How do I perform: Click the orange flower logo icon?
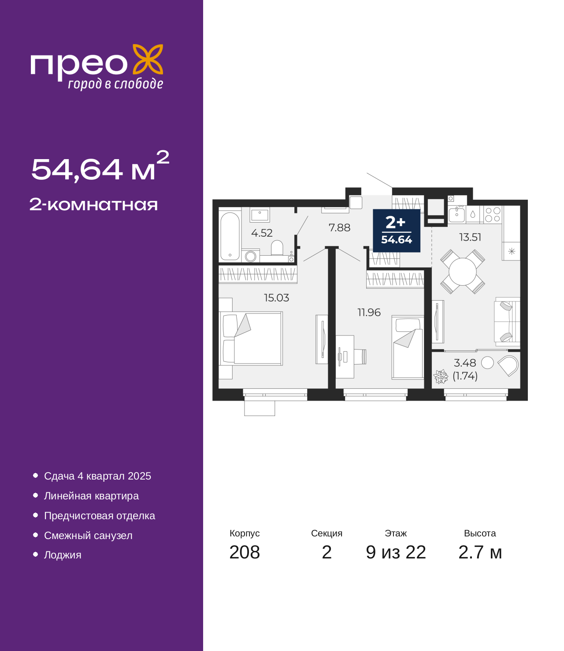point(148,59)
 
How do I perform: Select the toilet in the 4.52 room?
point(277,248)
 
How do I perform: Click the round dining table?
point(463,272)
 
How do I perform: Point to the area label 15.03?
point(276,298)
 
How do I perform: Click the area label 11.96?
point(369,312)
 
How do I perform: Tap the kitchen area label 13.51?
point(470,237)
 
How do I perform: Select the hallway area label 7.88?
point(339,228)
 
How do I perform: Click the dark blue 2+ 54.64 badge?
point(397,231)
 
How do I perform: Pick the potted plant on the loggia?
point(441,376)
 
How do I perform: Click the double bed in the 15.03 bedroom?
point(251,339)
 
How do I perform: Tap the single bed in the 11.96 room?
point(408,347)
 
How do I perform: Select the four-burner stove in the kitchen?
point(493,215)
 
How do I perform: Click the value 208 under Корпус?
point(245,552)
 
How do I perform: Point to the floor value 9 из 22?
point(396,552)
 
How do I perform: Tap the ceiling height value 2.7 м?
point(480,552)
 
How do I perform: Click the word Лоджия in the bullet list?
point(63,555)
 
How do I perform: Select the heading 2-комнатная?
point(93,205)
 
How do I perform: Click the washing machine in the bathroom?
point(251,257)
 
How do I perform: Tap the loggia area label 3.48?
point(465,363)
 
